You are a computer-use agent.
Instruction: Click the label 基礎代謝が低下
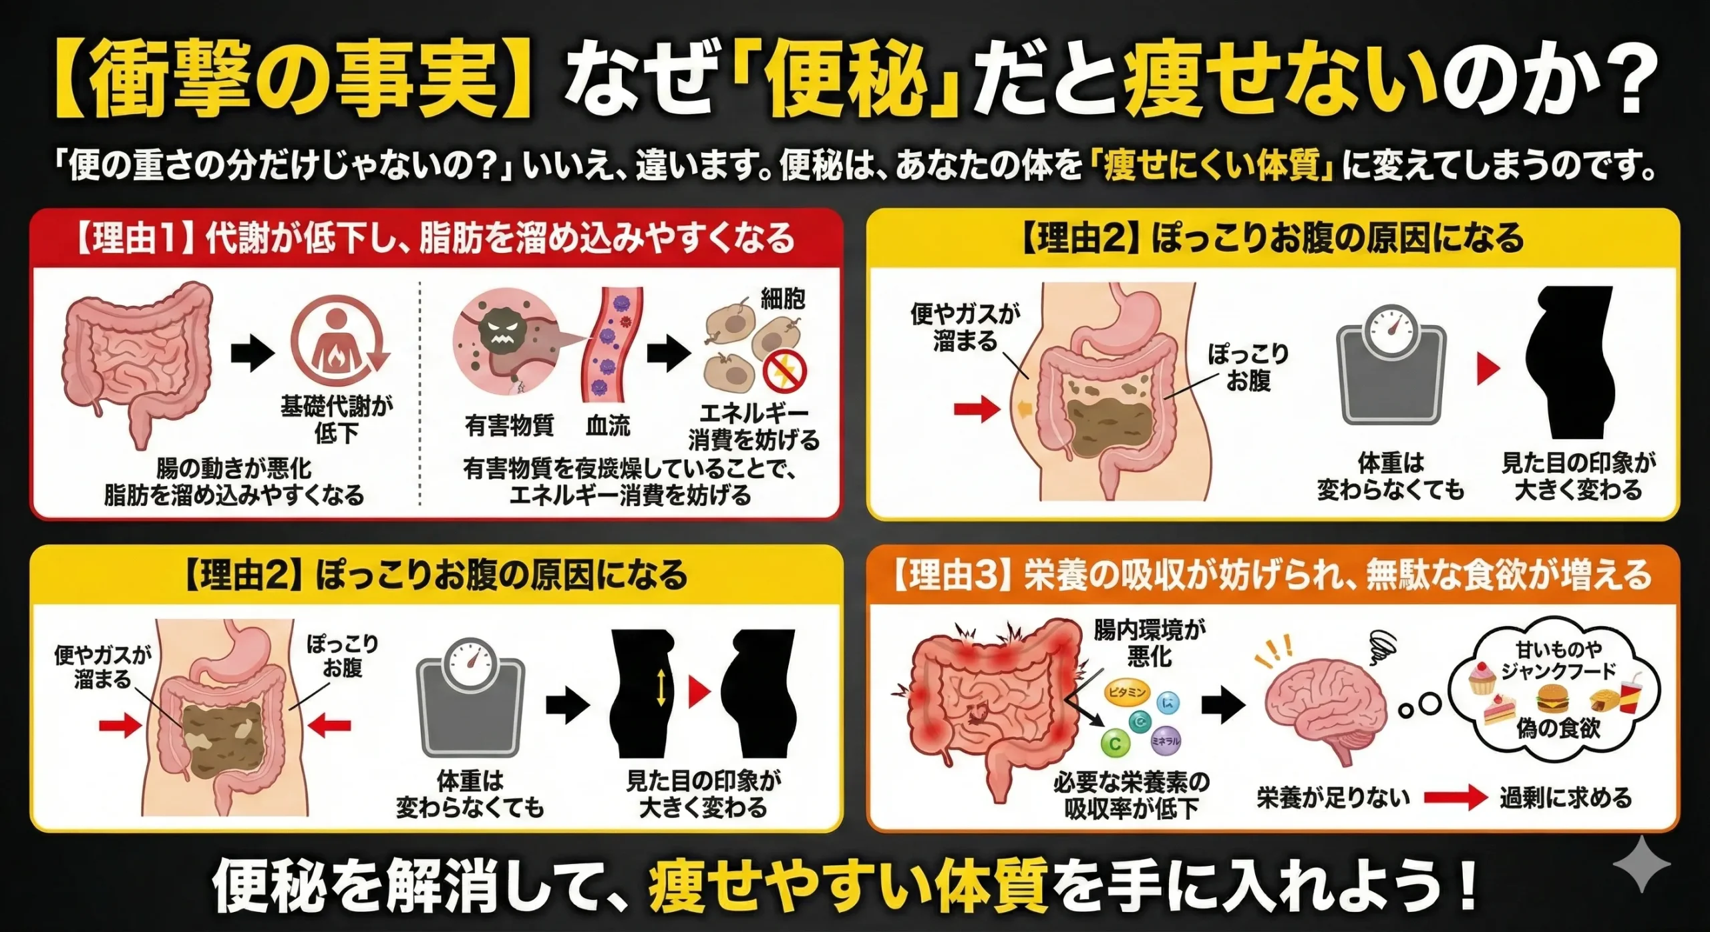click(337, 419)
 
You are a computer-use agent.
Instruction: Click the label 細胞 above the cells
click(782, 298)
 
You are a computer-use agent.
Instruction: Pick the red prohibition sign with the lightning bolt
click(785, 373)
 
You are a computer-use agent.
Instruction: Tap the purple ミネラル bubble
click(1166, 740)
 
